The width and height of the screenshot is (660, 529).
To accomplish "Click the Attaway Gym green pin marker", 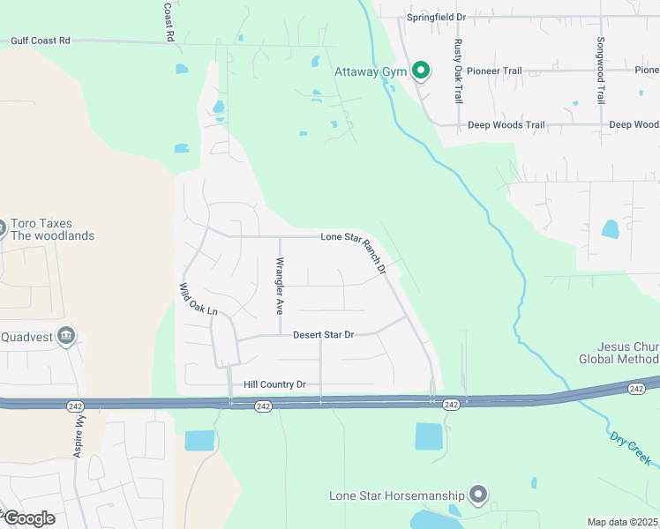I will click(421, 71).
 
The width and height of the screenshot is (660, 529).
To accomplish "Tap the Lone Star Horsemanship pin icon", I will click(478, 495).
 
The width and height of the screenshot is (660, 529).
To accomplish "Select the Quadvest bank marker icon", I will click(66, 336).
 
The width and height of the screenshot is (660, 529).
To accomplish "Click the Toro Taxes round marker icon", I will click(2, 229).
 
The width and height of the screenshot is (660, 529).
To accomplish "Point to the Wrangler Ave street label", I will click(280, 286).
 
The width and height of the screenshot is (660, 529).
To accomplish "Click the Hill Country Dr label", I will click(274, 384).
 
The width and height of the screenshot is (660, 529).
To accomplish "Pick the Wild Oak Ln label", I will click(198, 300).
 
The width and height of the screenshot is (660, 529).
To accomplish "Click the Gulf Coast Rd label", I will click(40, 41).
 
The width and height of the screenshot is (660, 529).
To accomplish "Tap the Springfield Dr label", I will click(435, 17).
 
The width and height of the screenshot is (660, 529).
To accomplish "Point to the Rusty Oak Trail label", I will click(458, 71).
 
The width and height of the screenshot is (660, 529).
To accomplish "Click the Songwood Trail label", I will click(601, 71).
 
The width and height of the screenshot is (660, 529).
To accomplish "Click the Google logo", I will click(28, 518).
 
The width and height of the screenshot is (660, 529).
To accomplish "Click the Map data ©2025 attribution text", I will click(623, 522).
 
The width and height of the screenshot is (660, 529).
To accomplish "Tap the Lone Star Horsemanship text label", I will click(398, 495).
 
